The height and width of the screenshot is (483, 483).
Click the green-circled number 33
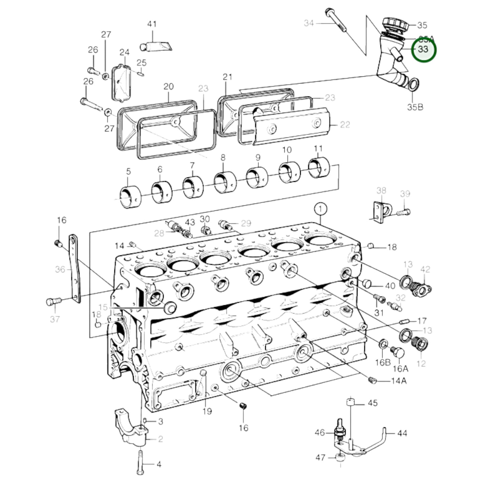pos(423,49)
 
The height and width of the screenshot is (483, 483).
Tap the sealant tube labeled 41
pos(156,46)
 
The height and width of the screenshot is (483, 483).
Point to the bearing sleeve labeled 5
pos(130,197)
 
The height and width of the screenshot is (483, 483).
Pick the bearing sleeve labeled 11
pos(319,168)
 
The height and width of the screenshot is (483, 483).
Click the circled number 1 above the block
pos(320,210)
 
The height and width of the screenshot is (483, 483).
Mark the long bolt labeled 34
pos(337,20)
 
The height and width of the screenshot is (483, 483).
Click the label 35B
pos(415,107)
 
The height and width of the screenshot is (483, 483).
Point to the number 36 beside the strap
pos(60,269)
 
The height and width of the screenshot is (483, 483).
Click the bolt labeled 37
pos(53,301)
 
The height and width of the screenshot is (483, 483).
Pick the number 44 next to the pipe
pos(402,433)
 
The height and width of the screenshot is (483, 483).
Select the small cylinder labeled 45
pos(350,402)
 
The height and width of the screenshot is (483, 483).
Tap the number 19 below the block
pos(207,411)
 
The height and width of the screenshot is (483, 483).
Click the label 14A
pos(399,381)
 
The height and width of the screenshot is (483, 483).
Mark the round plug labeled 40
pos(367,284)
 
